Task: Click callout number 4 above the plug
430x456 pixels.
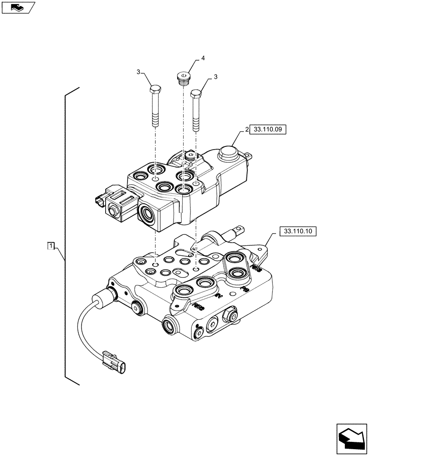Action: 203,58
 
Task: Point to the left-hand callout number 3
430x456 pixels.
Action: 137,72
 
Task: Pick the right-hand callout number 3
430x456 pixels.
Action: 215,77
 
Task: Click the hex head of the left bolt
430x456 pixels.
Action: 154,88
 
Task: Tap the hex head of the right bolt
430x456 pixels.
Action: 196,94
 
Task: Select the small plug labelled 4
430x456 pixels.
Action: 183,78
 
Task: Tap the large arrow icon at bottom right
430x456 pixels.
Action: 351,439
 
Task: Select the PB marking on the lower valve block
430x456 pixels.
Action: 245,289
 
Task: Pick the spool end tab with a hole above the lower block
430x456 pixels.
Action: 238,231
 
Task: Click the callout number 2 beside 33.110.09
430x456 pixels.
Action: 247,130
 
